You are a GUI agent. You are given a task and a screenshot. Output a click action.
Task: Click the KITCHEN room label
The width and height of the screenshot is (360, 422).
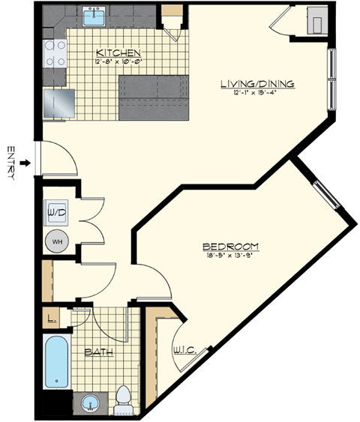(118, 52)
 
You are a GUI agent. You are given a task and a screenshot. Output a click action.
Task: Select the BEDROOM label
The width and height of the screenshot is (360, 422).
(231, 247)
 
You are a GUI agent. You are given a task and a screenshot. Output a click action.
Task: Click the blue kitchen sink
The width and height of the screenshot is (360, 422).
(94, 16)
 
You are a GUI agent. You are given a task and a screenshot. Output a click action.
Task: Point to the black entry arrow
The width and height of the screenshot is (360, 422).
(25, 162)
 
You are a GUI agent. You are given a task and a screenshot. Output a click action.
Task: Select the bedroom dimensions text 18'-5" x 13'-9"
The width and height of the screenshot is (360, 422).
(231, 256)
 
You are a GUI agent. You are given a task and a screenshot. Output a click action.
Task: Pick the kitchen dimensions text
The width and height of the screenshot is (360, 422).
(118, 61)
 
